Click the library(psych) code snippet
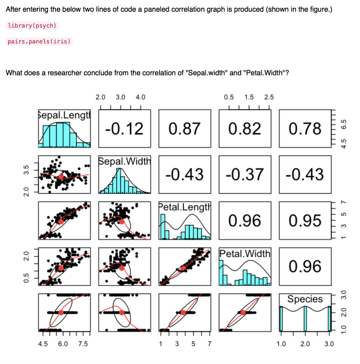(x=32, y=26)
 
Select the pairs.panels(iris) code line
(x=39, y=42)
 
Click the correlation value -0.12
(x=124, y=128)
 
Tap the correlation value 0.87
(x=184, y=128)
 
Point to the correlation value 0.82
(x=245, y=128)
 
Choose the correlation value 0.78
(x=305, y=128)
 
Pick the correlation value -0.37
(x=245, y=174)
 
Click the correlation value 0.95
(x=305, y=220)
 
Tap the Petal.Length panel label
(x=184, y=207)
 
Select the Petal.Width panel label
(x=245, y=253)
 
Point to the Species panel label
(x=305, y=299)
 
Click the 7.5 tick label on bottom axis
(x=82, y=344)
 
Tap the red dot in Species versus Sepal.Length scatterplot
(x=61, y=312)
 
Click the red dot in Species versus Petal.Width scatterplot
(x=243, y=312)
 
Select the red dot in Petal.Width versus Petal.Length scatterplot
(x=183, y=268)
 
